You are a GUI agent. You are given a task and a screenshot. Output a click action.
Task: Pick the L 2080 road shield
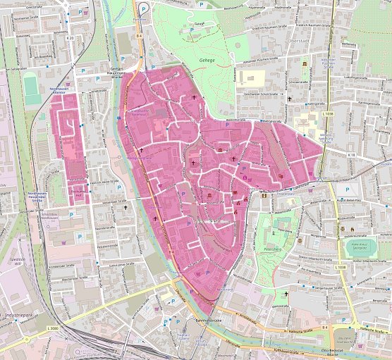point(54,329)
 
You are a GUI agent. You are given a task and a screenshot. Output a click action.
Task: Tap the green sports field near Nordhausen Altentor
point(32,89)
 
